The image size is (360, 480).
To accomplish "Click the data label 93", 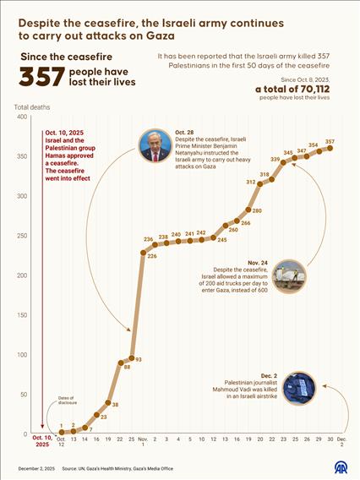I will pos(138,359).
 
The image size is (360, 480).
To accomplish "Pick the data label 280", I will pos(256,210).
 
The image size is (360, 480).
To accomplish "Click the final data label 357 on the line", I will pos(329,141).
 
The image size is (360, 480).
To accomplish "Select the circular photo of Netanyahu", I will pos(155,145).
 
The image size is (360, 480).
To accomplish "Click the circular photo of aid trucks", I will pos(289,275).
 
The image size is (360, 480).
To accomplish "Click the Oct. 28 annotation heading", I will pos(185,134).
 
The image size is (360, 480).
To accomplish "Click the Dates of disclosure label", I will pos(70,400).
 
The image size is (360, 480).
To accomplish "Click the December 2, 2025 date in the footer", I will pos(37,467).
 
